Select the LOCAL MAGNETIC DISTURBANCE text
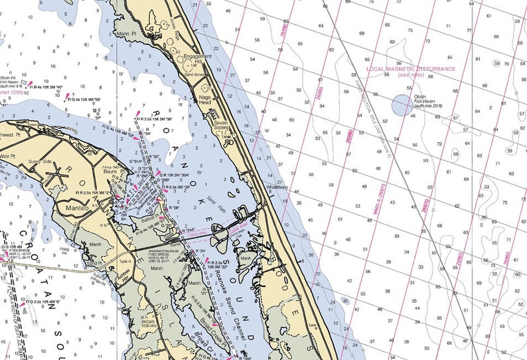tap(412, 69)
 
